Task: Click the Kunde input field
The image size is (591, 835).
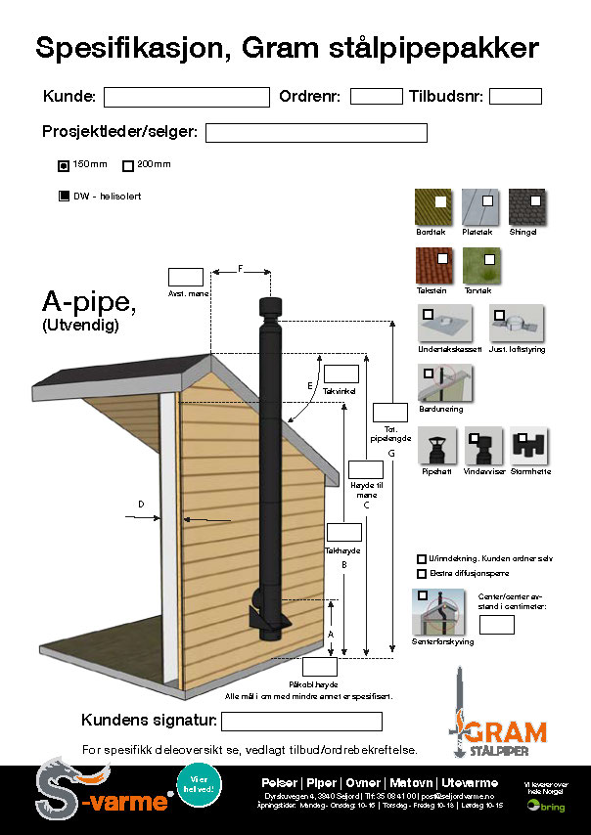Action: (x=186, y=97)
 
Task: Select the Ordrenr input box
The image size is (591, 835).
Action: (x=376, y=96)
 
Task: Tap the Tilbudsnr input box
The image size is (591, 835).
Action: (x=515, y=96)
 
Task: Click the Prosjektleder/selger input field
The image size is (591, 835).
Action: (x=316, y=133)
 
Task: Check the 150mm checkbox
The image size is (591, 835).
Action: (x=64, y=164)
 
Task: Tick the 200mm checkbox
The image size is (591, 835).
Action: (x=127, y=164)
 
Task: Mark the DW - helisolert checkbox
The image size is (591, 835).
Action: (x=65, y=197)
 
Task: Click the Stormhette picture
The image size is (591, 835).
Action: (x=531, y=448)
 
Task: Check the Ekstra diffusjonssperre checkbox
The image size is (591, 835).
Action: (x=422, y=574)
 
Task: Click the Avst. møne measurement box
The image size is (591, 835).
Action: (x=186, y=277)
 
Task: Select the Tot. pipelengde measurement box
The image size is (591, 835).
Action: (x=390, y=412)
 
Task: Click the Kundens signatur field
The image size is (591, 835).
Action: (x=301, y=722)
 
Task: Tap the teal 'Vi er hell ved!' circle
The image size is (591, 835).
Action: (x=200, y=784)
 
